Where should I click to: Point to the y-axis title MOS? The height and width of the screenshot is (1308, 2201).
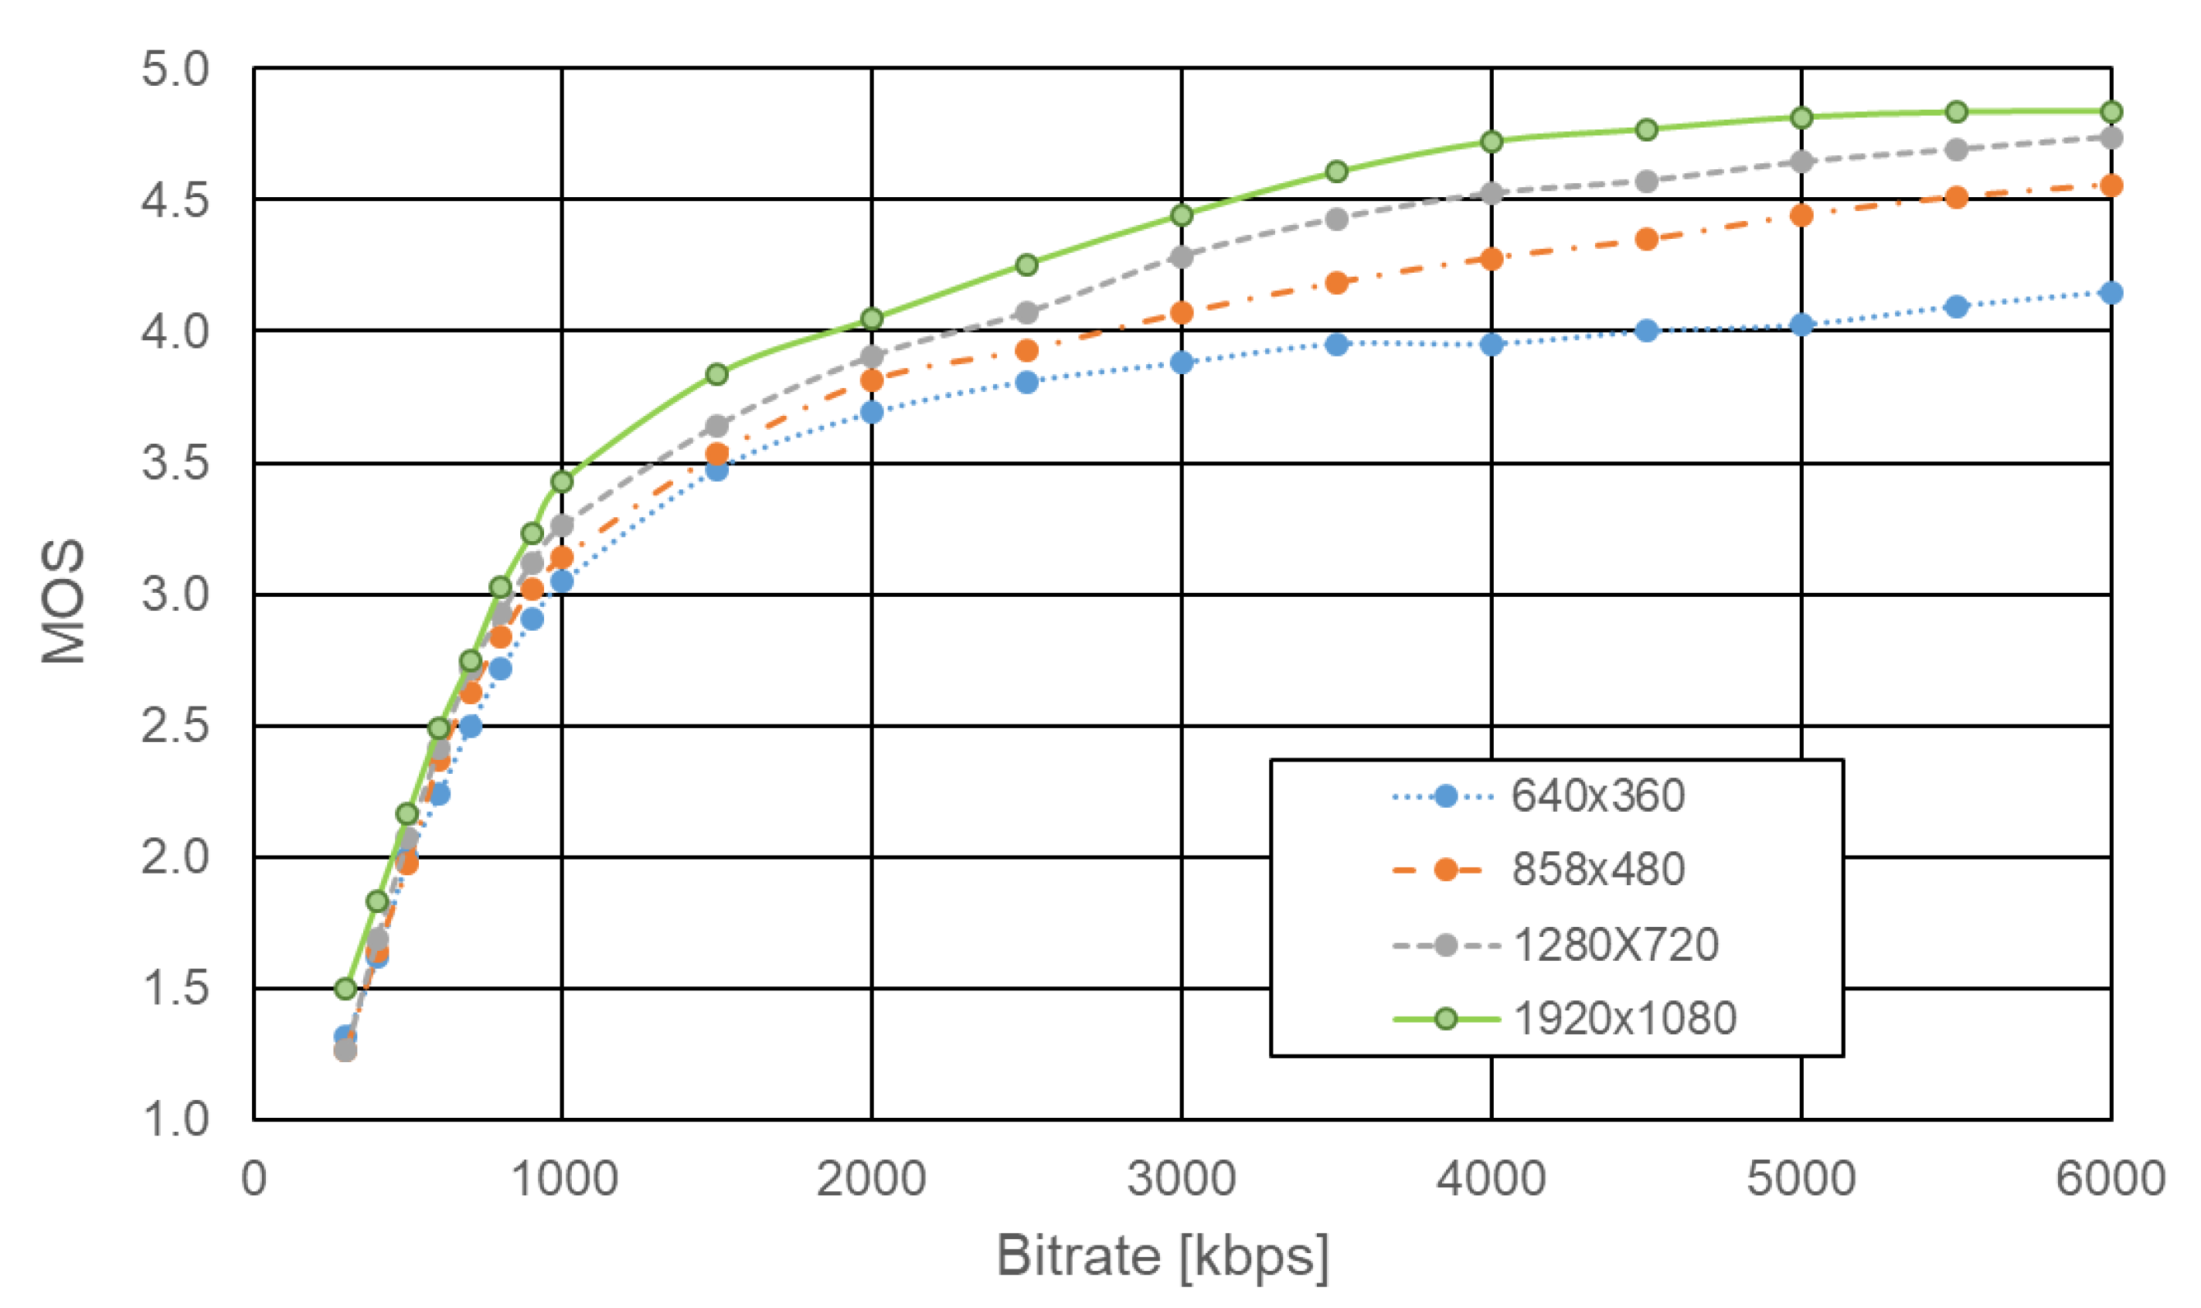tap(63, 601)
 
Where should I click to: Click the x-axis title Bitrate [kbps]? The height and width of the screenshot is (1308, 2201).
tap(1162, 1255)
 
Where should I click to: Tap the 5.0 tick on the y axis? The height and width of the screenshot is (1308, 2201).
tap(175, 69)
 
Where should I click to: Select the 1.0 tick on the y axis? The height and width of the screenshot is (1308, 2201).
tap(175, 1119)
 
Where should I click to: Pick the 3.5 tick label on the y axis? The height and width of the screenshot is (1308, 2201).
tap(175, 463)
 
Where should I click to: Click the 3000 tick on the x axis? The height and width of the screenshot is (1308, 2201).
tap(1182, 1180)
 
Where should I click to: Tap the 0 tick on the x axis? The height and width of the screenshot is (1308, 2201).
tap(253, 1180)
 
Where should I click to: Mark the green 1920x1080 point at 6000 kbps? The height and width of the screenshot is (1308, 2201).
tap(2111, 112)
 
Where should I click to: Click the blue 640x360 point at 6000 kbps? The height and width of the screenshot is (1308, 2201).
tap(2111, 293)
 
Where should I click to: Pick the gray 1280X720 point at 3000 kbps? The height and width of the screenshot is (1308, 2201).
tap(1182, 257)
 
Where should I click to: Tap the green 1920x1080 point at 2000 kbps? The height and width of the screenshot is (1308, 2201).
tap(873, 318)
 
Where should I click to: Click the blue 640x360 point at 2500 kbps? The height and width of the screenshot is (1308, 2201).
tap(1026, 382)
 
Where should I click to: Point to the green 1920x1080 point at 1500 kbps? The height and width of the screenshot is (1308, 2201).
tap(717, 375)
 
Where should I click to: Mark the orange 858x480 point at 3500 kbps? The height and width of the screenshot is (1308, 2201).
tap(1337, 283)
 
